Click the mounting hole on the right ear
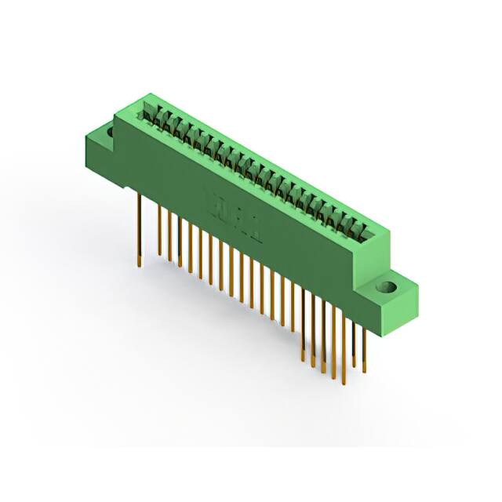(x=385, y=288)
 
